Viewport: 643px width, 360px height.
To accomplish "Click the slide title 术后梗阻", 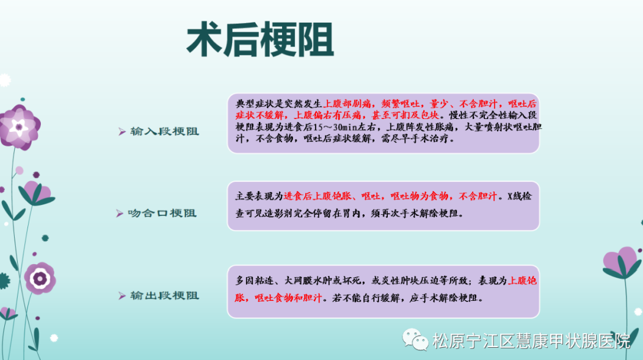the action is tap(260, 40).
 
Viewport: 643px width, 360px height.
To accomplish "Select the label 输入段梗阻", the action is tap(164, 131).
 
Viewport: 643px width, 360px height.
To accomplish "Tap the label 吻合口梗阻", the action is tap(162, 214).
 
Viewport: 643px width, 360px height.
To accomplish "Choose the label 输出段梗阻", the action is tap(164, 296).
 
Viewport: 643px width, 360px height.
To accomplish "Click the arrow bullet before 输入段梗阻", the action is tap(122, 131).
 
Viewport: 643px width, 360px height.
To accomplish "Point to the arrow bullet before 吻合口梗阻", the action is tap(119, 214).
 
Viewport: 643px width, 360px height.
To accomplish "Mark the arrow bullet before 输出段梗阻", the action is tap(122, 296).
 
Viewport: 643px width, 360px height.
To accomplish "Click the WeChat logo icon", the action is tap(415, 339).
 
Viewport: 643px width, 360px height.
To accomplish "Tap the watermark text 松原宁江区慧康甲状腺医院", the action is tap(531, 340).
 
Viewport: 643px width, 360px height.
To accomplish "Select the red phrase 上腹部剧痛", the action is tap(347, 104).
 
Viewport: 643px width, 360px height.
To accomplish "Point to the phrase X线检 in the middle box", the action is tap(520, 196).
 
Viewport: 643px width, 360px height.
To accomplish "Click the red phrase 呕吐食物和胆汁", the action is tap(288, 298).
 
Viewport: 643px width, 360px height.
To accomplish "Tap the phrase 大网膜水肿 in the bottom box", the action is tap(308, 281).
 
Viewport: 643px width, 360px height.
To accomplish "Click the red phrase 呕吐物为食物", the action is tap(419, 196).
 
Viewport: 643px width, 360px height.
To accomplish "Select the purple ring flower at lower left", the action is tap(40, 278).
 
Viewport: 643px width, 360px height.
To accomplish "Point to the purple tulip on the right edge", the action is tap(622, 262).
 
